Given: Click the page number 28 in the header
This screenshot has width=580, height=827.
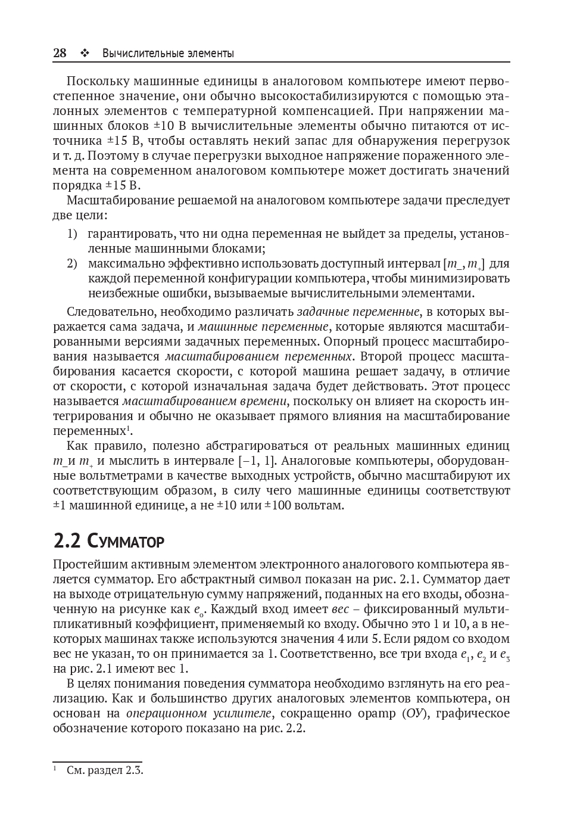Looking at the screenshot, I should pyautogui.click(x=60, y=54).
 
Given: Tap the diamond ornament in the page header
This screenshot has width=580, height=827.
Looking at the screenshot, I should pyautogui.click(x=84, y=54).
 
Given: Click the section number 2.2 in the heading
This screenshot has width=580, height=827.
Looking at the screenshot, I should pyautogui.click(x=67, y=541).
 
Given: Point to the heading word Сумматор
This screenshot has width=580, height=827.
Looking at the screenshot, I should pyautogui.click(x=125, y=542).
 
